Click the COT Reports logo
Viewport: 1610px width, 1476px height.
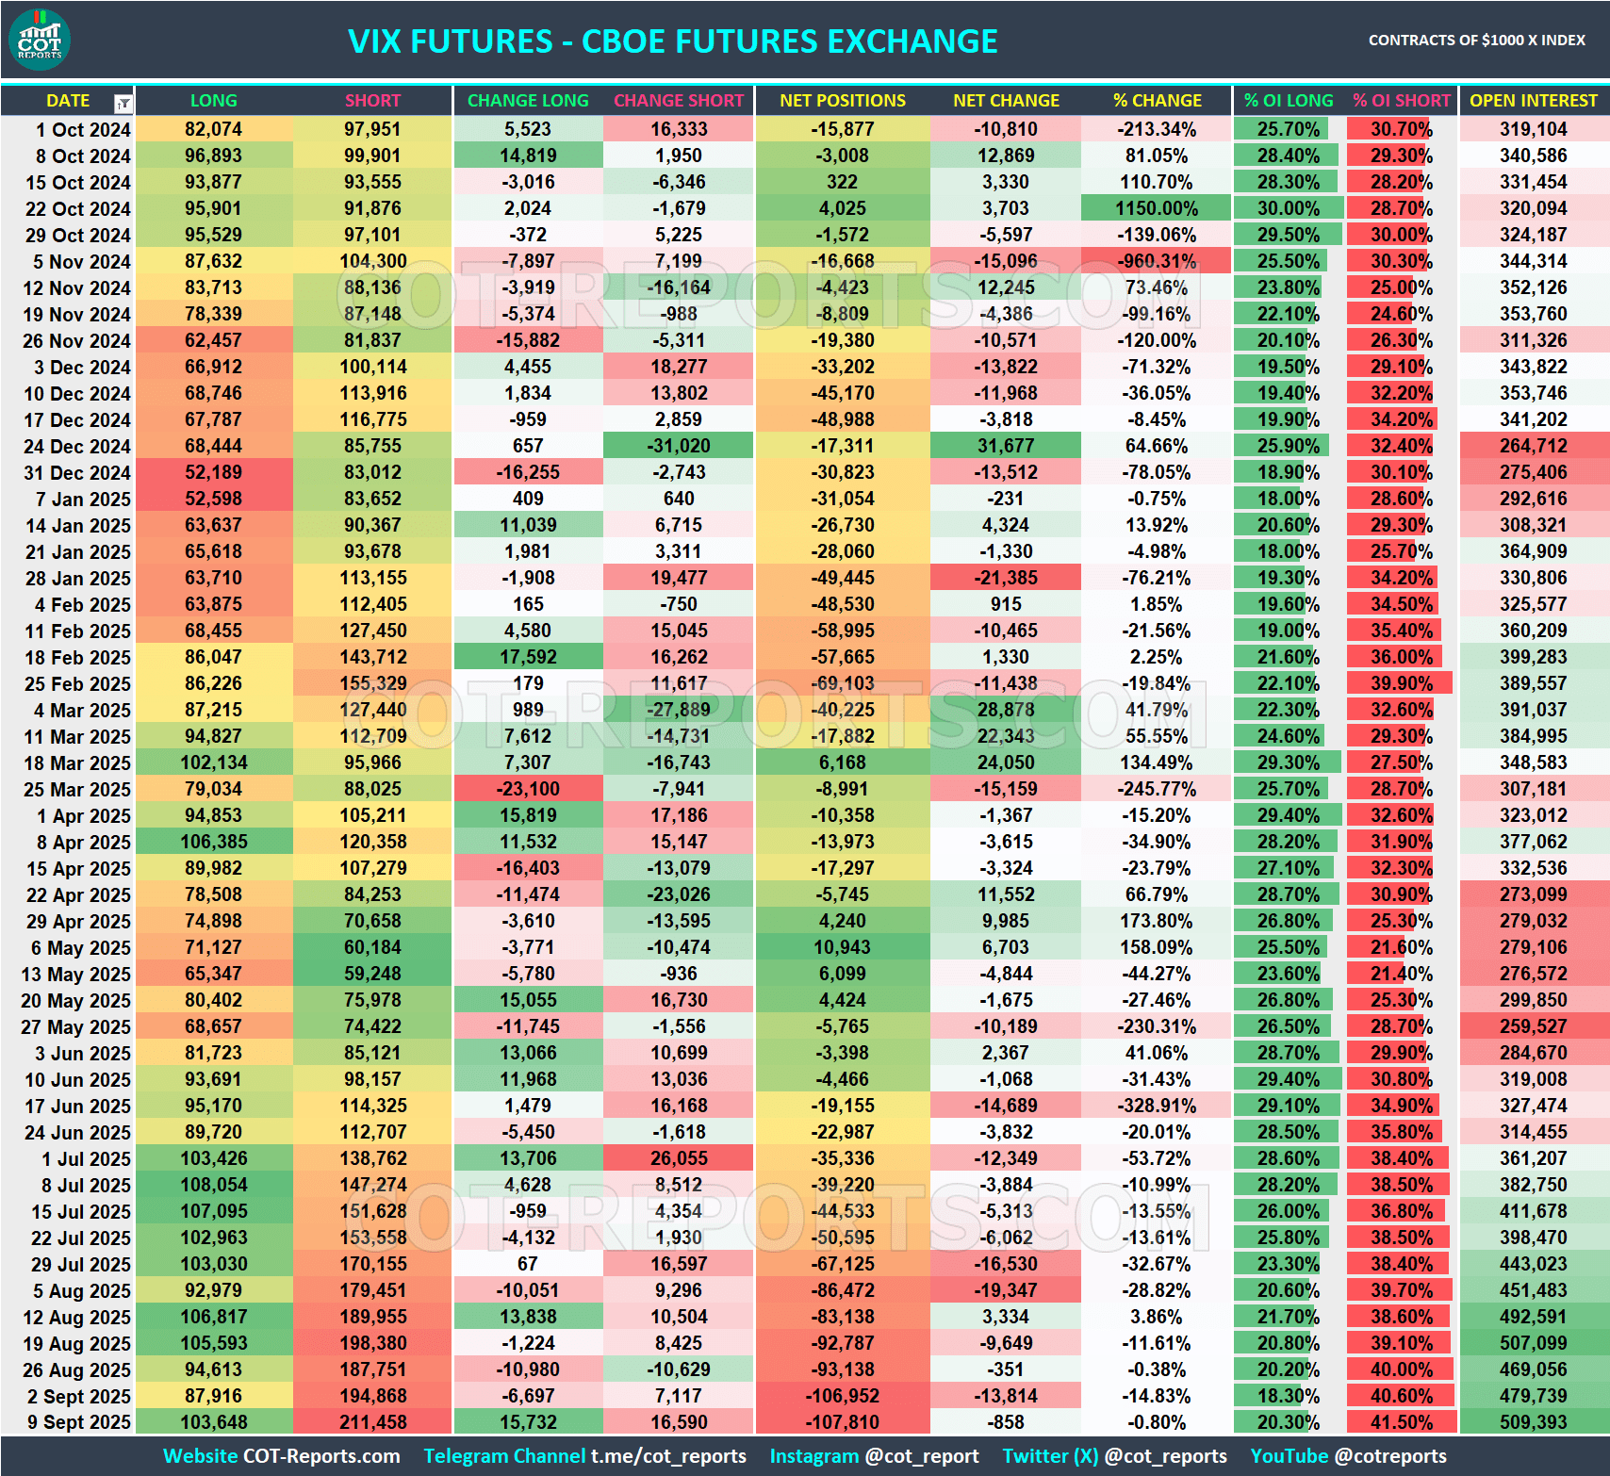tap(40, 41)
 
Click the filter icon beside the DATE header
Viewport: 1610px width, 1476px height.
tap(123, 103)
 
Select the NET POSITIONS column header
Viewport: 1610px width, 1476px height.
tap(842, 101)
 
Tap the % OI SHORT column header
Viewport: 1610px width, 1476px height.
tap(1401, 101)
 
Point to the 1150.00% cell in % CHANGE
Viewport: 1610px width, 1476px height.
tap(1156, 208)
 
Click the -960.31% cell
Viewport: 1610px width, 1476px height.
tap(1156, 261)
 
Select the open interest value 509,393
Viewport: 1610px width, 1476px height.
tap(1533, 1422)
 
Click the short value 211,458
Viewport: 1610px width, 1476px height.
tap(373, 1422)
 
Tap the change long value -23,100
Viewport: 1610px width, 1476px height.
tap(528, 789)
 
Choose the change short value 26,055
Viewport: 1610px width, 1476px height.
tap(679, 1158)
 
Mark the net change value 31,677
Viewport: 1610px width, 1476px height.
tap(1006, 446)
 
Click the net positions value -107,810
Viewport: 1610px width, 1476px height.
tap(842, 1422)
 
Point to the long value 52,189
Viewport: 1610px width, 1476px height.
tap(213, 472)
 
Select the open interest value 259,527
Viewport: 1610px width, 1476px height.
tap(1533, 1026)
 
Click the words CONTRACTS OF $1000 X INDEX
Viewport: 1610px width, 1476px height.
tap(1476, 41)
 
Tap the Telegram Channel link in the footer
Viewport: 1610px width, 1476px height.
tap(584, 1456)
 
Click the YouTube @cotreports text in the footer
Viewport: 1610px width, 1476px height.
tap(1348, 1456)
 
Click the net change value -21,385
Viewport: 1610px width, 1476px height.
tap(1006, 578)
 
